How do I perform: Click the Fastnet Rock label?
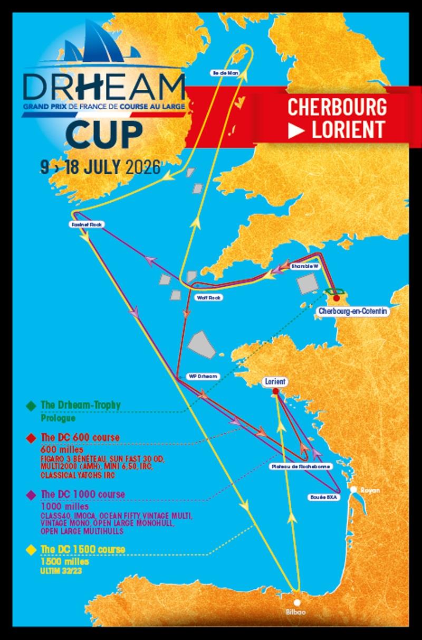pyautogui.click(x=88, y=224)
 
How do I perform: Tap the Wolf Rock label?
pyautogui.click(x=209, y=298)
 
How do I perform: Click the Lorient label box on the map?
pyautogui.click(x=275, y=382)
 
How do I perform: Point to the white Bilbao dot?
pyautogui.click(x=298, y=603)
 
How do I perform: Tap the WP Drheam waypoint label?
pyautogui.click(x=203, y=377)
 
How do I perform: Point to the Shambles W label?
pyautogui.click(x=305, y=267)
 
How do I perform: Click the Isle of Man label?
pyautogui.click(x=222, y=73)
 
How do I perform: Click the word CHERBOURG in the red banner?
pyautogui.click(x=337, y=107)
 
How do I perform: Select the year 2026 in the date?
pyautogui.click(x=143, y=167)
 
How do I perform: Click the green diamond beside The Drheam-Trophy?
pyautogui.click(x=33, y=406)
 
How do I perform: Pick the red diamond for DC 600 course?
pyautogui.click(x=33, y=438)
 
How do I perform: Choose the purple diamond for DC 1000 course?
pyautogui.click(x=33, y=495)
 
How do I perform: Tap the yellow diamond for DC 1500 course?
pyautogui.click(x=33, y=550)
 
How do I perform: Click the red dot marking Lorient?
pyautogui.click(x=275, y=392)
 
